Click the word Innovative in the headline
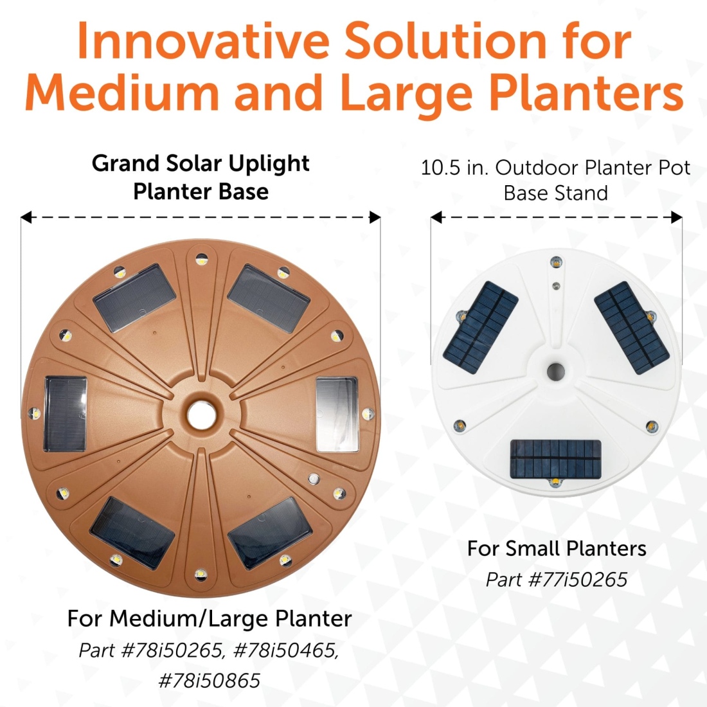pyautogui.click(x=203, y=41)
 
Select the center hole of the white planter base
pyautogui.click(x=555, y=371)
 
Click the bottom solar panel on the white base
pyautogui.click(x=555, y=460)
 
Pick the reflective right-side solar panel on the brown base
pyautogui.click(x=337, y=415)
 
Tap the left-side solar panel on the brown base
pyautogui.click(x=66, y=414)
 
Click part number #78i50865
pyautogui.click(x=210, y=681)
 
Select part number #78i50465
pyautogui.click(x=286, y=650)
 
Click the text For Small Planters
pyautogui.click(x=557, y=549)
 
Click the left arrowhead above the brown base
pyautogui.click(x=26, y=217)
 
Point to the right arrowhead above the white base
pyautogui.click(x=676, y=217)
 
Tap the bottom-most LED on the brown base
pyautogui.click(x=201, y=575)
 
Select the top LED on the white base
pyautogui.click(x=556, y=262)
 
